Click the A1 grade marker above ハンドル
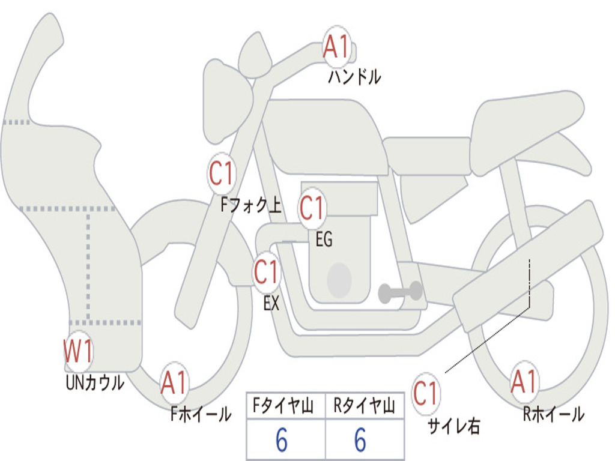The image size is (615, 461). click(337, 46)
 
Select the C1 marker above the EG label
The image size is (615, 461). click(312, 208)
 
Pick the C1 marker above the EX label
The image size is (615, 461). click(266, 273)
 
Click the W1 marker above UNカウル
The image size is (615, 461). click(78, 352)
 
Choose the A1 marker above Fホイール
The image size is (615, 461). click(174, 383)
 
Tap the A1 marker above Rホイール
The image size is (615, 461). click(524, 382)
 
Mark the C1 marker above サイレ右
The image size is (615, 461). click(425, 394)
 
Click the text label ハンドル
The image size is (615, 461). click(354, 77)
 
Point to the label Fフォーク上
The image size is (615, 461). click(250, 206)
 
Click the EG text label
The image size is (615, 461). click(324, 240)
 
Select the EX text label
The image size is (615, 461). click(271, 304)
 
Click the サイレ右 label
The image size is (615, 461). click(453, 426)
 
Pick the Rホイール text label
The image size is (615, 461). click(553, 414)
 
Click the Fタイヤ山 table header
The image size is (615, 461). click(285, 408)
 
